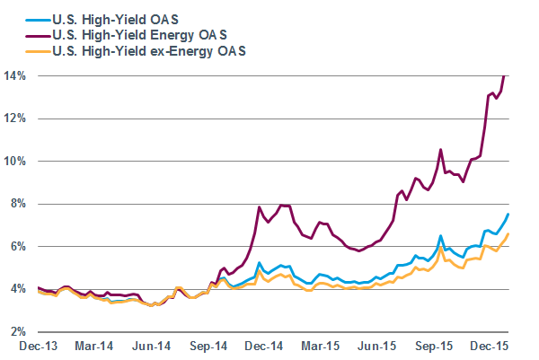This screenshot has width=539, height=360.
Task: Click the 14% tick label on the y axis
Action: pyautogui.click(x=17, y=75)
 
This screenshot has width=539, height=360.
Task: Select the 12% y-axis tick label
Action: pyautogui.click(x=17, y=119)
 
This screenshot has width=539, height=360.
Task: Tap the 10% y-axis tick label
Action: pyautogui.click(x=17, y=161)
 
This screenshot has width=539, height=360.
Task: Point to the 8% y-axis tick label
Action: pyautogui.click(x=20, y=204)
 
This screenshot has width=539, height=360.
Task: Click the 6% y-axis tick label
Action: pyautogui.click(x=20, y=246)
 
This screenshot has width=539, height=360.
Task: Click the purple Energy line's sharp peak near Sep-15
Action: pyautogui.click(x=440, y=150)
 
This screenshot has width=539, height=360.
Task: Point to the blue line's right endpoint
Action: pyautogui.click(x=508, y=214)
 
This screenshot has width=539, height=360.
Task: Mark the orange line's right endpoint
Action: pyautogui.click(x=508, y=233)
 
